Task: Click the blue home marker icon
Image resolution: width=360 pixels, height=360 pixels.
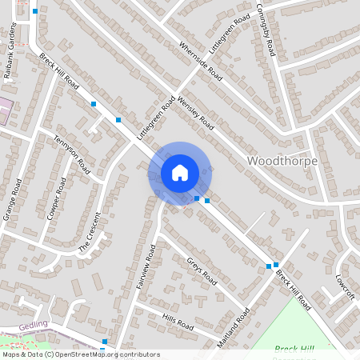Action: pyautogui.click(x=180, y=173)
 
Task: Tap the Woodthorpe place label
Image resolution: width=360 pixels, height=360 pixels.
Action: pyautogui.click(x=282, y=161)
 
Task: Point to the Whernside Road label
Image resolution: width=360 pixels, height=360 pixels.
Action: pyautogui.click(x=201, y=61)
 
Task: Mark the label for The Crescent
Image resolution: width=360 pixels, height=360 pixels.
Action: pyautogui.click(x=93, y=236)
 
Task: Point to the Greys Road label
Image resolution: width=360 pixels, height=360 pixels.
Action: pyautogui.click(x=202, y=271)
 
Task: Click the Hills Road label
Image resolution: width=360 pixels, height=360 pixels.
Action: pyautogui.click(x=178, y=322)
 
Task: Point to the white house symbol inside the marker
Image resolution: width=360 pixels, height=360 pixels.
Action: pyautogui.click(x=180, y=172)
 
